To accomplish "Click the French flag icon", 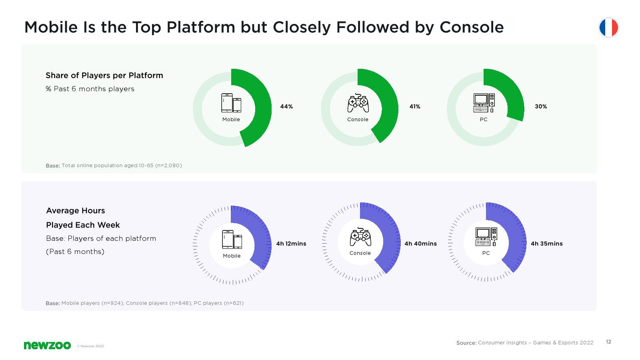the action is [608, 28].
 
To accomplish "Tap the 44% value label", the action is [286, 106].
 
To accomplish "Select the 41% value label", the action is [414, 106].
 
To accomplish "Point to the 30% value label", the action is [540, 106].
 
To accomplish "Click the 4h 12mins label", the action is [291, 244].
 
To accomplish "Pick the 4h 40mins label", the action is [420, 244].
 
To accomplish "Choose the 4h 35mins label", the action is [546, 244].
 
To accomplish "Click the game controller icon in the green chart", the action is [358, 103].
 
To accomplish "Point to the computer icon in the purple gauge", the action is [486, 236].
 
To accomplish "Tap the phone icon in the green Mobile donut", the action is [231, 103].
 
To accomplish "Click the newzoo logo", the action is [47, 345].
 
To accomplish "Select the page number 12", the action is [608, 342].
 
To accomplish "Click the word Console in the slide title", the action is [472, 28].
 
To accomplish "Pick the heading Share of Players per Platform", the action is [104, 76].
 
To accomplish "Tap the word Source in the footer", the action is [466, 342].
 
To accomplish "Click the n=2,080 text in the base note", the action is [168, 166].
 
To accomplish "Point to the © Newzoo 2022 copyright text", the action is [90, 346].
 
